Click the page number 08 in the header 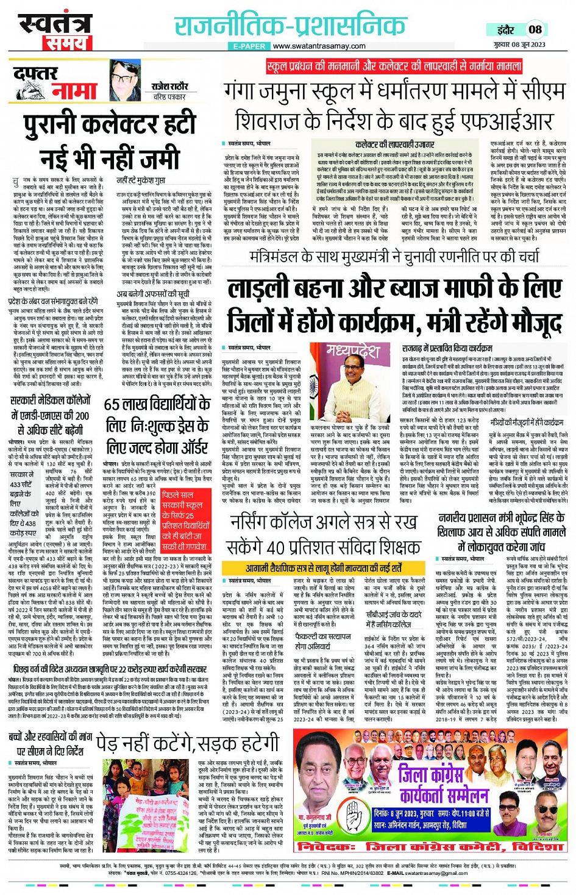click(x=535, y=29)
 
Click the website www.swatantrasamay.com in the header click(x=319, y=46)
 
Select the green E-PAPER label click(x=249, y=46)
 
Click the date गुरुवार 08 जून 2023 click(x=520, y=45)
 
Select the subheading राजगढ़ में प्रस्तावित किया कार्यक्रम click(x=447, y=348)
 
